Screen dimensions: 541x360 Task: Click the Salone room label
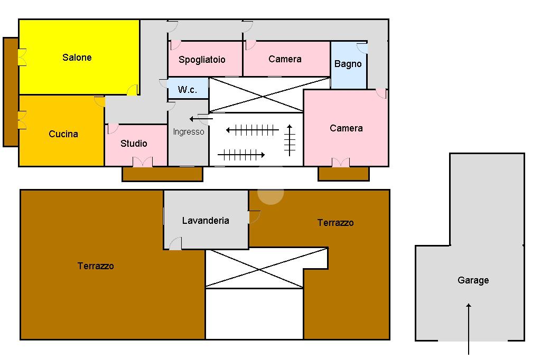pos(77,57)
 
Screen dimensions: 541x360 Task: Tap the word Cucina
pos(63,134)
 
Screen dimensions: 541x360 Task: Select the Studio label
pos(134,143)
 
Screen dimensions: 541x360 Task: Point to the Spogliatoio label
pos(202,60)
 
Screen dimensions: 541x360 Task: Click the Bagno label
pos(348,64)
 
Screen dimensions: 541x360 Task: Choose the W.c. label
pos(188,90)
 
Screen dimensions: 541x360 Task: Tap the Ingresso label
pos(189,132)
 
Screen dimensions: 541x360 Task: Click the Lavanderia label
pos(206,220)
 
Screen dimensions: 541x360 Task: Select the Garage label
pos(473,280)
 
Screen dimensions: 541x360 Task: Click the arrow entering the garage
pos(469,329)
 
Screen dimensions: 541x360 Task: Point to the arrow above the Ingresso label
pos(201,119)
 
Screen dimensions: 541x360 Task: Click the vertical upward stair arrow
pos(290,140)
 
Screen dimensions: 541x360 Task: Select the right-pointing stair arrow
pos(241,155)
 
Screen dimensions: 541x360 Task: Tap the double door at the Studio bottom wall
pos(143,162)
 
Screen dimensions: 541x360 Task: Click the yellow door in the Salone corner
pos(133,90)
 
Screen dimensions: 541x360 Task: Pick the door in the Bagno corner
pos(362,48)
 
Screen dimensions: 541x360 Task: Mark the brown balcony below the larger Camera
pos(343,174)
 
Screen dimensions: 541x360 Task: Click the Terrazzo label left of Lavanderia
pos(96,266)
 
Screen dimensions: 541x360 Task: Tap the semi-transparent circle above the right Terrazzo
pos(271,192)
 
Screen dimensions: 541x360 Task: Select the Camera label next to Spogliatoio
pos(285,59)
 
